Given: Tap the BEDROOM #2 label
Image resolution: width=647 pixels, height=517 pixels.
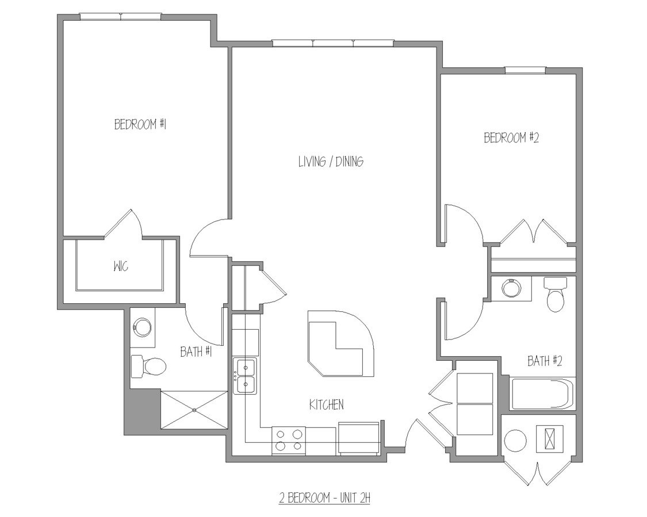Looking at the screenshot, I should [510, 138].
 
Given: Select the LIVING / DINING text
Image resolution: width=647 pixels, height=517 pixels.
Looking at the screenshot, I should [330, 161].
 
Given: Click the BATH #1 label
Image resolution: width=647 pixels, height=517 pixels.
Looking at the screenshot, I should [196, 352].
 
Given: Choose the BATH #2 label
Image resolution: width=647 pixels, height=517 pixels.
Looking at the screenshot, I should [544, 361].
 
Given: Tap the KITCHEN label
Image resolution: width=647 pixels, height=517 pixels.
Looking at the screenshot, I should [326, 404].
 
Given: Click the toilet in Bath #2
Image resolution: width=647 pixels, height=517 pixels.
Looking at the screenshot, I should [555, 295].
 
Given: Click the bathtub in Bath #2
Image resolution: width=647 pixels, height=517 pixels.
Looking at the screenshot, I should [542, 393].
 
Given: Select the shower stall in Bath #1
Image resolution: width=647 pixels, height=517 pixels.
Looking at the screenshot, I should [194, 410].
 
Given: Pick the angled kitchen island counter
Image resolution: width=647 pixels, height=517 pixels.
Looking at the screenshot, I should [339, 345].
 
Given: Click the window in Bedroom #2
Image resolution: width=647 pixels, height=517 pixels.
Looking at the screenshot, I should [525, 70].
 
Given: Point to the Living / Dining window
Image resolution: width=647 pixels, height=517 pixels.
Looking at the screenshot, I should [333, 43].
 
